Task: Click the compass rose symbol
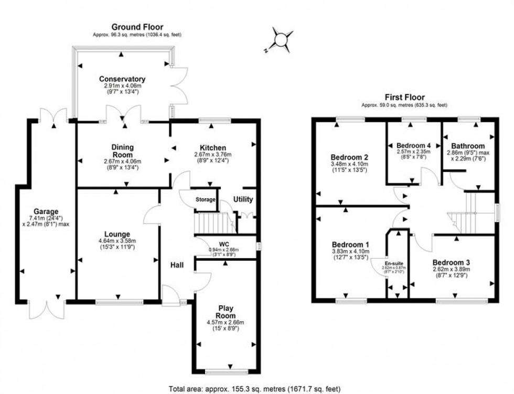coord(282,39)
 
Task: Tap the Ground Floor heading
coord(137,27)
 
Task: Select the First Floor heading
coord(404,97)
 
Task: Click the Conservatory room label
coord(124,79)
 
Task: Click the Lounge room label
coord(117,234)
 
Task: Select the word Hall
coord(177,265)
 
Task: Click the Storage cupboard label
coord(206,199)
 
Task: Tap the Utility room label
coord(243,199)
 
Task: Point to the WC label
coord(224,243)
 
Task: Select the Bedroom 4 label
coord(413,145)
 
